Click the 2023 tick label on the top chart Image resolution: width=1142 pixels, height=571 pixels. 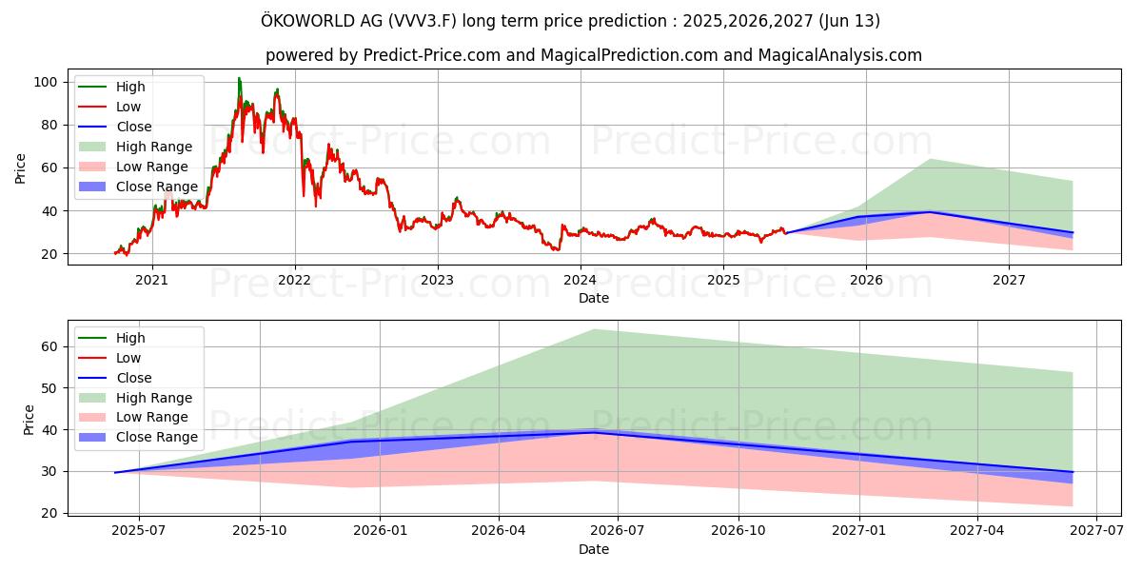tap(437, 280)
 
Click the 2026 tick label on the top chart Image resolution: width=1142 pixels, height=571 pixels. tap(865, 280)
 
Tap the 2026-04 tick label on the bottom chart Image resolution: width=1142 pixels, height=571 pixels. tap(500, 531)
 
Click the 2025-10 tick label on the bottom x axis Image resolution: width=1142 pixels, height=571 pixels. tap(260, 531)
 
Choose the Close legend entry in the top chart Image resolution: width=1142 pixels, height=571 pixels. tap(133, 127)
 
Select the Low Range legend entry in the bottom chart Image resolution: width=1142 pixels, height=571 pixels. tap(152, 417)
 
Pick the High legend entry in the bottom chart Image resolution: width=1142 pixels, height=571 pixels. tap(130, 338)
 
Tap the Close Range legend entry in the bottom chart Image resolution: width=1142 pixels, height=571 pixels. tap(157, 437)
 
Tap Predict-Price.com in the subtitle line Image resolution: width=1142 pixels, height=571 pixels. tap(432, 55)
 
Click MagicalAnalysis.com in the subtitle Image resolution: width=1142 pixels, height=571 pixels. tap(839, 55)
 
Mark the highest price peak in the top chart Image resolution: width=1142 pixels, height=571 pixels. tap(239, 78)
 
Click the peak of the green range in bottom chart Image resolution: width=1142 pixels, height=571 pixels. tap(594, 329)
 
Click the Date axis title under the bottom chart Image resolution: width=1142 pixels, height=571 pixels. tap(594, 549)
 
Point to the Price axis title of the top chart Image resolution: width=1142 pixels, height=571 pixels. tap(21, 168)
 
